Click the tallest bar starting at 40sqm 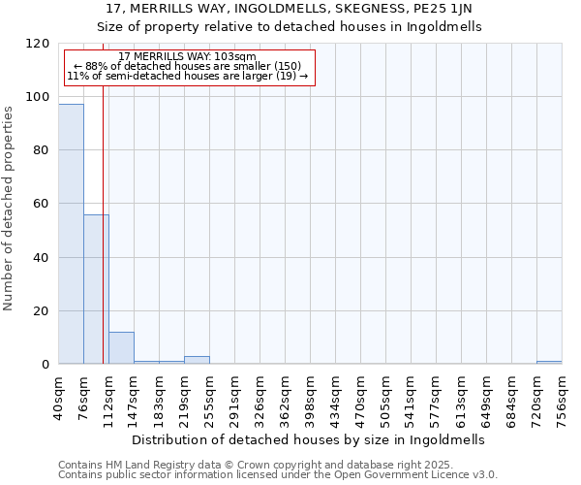(x=71, y=234)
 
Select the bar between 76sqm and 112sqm (x=96, y=289)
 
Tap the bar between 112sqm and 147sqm (x=121, y=348)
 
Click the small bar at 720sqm (x=549, y=363)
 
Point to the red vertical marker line (x=103, y=242)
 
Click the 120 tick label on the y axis (x=38, y=44)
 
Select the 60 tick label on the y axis (x=42, y=204)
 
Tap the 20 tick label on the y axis (x=42, y=311)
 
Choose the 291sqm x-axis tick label (x=234, y=398)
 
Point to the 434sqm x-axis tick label (x=335, y=398)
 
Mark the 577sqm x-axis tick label (x=436, y=398)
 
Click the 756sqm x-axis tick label (x=562, y=398)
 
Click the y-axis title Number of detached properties (x=10, y=210)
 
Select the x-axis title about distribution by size (x=310, y=439)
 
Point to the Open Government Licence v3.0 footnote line (x=278, y=475)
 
